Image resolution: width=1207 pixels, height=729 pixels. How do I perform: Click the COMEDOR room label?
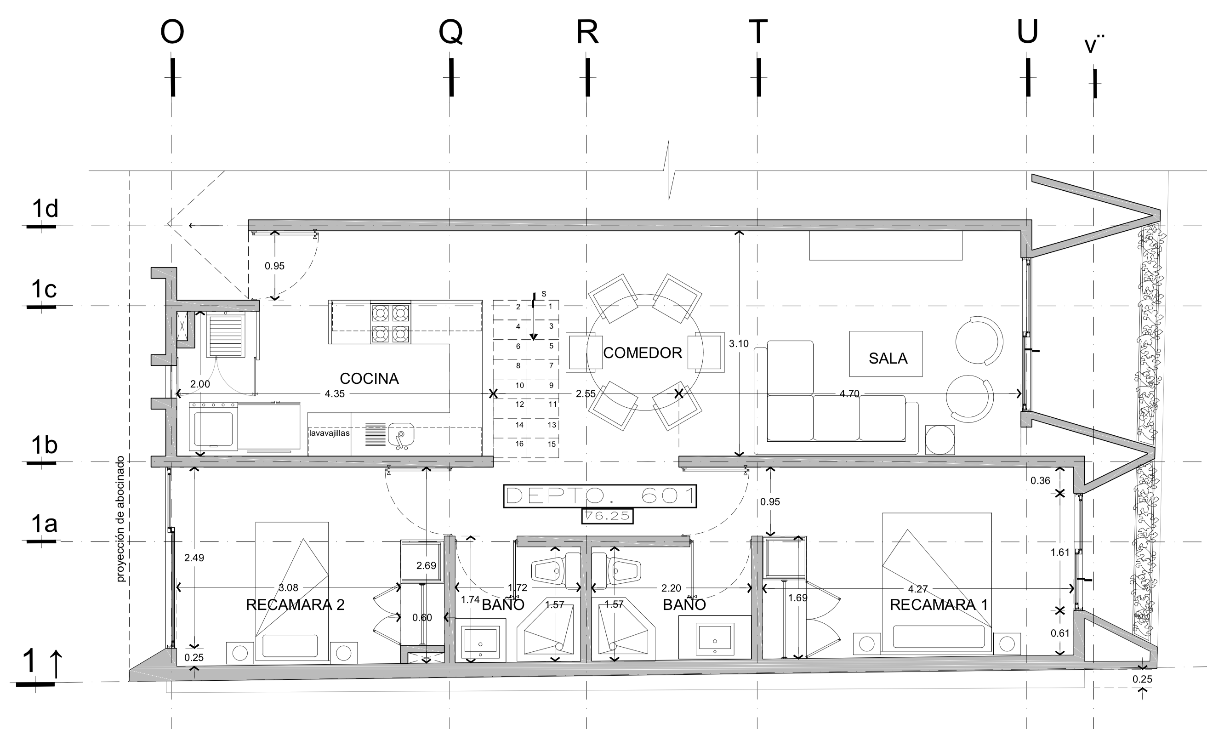[x=642, y=353]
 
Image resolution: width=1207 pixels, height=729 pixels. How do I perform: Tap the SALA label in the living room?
[x=888, y=359]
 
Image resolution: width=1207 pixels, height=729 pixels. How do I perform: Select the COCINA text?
[x=369, y=378]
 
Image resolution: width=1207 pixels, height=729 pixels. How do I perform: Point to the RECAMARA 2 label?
[x=295, y=604]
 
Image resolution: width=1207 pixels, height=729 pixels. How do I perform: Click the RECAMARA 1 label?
[x=939, y=604]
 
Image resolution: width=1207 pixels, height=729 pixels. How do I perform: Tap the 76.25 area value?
[x=608, y=516]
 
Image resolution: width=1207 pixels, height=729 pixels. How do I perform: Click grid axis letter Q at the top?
[x=450, y=32]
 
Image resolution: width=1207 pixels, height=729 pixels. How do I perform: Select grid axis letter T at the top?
[x=758, y=32]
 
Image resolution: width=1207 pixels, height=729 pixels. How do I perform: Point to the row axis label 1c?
[x=44, y=289]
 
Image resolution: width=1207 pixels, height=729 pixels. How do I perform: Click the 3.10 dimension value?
[x=739, y=344]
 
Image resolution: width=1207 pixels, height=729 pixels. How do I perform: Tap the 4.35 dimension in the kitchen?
[x=335, y=394]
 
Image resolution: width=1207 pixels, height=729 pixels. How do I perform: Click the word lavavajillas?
[x=329, y=433]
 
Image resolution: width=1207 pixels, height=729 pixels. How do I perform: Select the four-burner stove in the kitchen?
[x=390, y=322]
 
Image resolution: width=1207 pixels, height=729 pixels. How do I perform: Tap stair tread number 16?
[x=519, y=444]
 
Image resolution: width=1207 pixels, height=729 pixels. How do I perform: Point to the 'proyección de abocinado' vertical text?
[x=120, y=519]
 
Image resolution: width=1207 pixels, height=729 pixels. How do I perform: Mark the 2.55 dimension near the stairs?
[x=586, y=394]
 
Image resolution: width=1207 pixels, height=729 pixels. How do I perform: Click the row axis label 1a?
[x=44, y=524]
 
